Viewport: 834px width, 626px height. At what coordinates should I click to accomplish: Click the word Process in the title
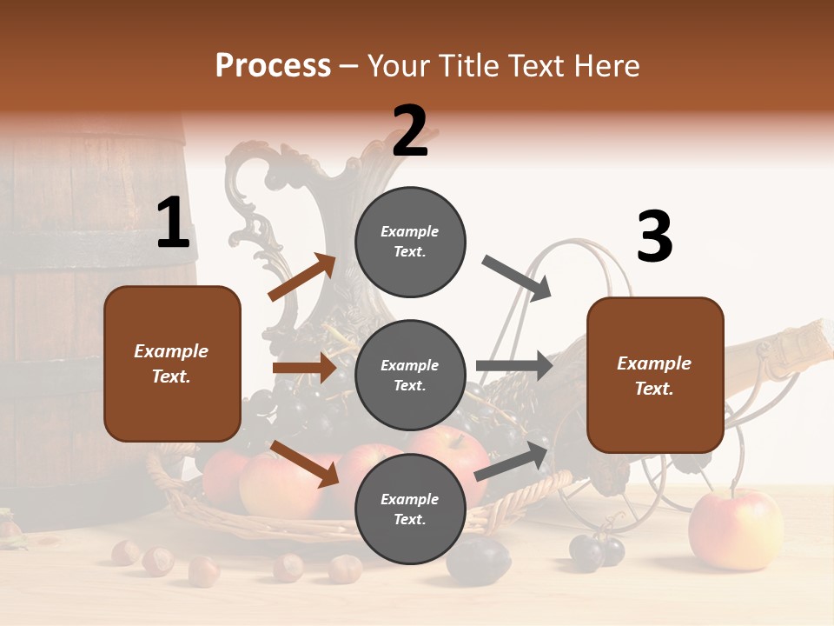pyautogui.click(x=273, y=66)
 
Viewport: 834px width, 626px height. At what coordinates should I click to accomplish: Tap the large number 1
pyautogui.click(x=173, y=223)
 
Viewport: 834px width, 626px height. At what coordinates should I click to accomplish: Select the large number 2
pyautogui.click(x=410, y=130)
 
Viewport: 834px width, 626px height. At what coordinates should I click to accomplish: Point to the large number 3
pyautogui.click(x=654, y=237)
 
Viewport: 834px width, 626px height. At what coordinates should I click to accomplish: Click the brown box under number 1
pyautogui.click(x=172, y=363)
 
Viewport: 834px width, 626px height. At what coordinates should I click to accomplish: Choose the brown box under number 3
pyautogui.click(x=655, y=376)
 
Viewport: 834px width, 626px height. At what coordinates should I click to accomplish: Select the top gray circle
pyautogui.click(x=410, y=242)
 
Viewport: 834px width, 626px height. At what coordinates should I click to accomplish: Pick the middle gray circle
pyautogui.click(x=410, y=376)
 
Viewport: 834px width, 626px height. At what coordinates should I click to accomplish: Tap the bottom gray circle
pyautogui.click(x=410, y=509)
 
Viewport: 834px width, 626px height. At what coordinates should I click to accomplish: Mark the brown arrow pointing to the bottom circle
pyautogui.click(x=304, y=463)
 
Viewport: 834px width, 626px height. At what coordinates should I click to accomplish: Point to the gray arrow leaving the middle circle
pyautogui.click(x=513, y=365)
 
